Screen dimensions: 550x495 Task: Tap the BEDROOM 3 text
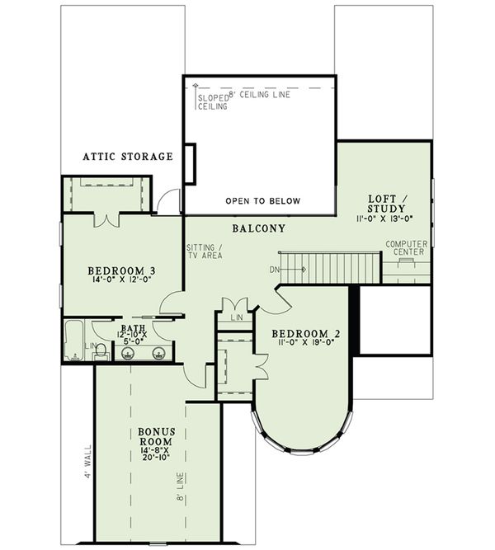[121, 270]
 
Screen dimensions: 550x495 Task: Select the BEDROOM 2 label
[305, 334]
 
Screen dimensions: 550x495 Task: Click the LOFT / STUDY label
[384, 203]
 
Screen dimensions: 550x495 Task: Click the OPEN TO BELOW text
[263, 201]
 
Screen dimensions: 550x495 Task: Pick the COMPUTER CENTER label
[404, 247]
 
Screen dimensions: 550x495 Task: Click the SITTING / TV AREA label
[201, 251]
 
